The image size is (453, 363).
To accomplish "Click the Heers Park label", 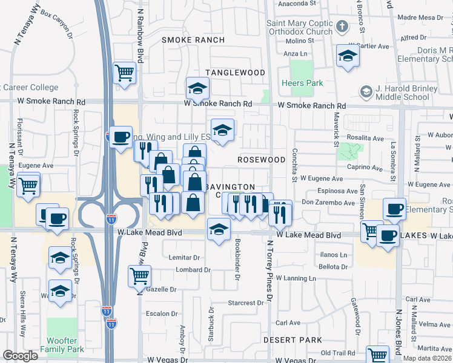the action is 302,83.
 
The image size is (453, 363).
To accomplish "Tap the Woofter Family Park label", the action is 62,345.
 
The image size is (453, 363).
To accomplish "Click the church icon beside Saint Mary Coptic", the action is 342,27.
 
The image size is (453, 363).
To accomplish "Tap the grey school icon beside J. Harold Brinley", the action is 366,92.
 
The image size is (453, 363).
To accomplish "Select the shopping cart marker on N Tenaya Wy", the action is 28,185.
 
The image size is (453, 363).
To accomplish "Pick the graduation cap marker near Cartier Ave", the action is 348,57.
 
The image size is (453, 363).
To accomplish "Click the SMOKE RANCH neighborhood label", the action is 193,40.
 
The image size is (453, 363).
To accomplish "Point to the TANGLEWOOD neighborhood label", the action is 235,73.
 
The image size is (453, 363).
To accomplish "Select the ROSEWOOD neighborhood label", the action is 261,160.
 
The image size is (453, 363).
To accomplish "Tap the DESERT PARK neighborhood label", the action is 293,340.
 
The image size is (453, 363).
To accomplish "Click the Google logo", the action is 20,356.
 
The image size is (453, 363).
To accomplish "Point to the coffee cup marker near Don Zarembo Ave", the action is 394,209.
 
